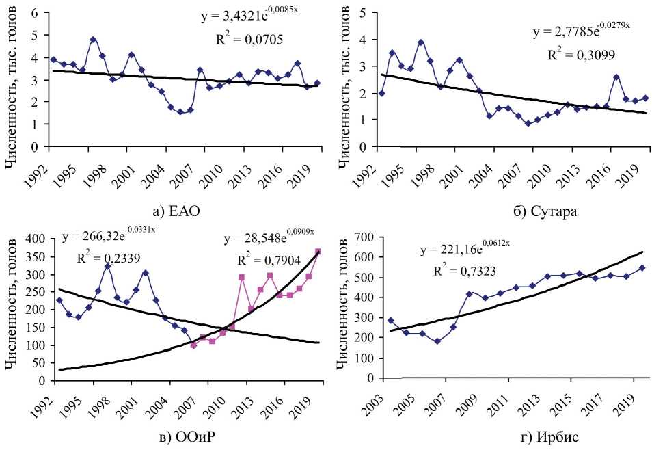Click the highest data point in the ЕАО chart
(x=93, y=40)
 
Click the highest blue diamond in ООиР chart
(x=107, y=266)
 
